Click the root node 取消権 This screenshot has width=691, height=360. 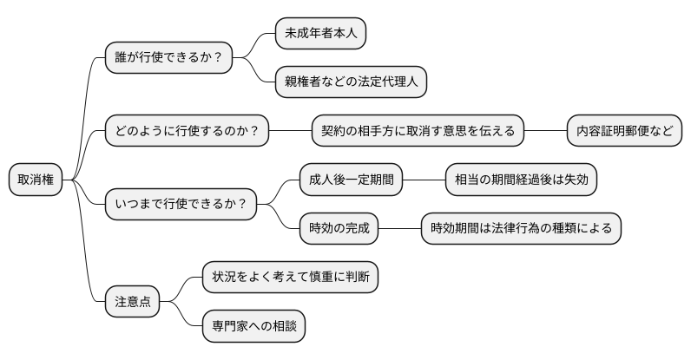(x=36, y=180)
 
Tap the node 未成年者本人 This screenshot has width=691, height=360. (x=320, y=34)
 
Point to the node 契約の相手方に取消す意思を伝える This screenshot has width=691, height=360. (x=418, y=131)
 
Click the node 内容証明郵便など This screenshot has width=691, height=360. (x=623, y=131)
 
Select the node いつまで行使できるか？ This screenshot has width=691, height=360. (x=181, y=204)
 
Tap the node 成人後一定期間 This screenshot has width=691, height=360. (x=352, y=180)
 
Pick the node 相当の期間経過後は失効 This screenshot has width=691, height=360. (x=521, y=180)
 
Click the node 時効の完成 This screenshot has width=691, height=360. (x=339, y=228)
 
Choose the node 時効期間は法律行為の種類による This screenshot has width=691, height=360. (x=521, y=228)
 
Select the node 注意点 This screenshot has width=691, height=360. (x=133, y=301)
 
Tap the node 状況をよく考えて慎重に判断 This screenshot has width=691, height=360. (x=290, y=277)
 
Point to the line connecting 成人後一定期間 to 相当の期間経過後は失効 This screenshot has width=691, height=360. (x=424, y=180)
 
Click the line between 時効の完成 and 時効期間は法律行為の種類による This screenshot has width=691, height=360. (x=400, y=228)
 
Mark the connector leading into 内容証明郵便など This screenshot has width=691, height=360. (x=545, y=131)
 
